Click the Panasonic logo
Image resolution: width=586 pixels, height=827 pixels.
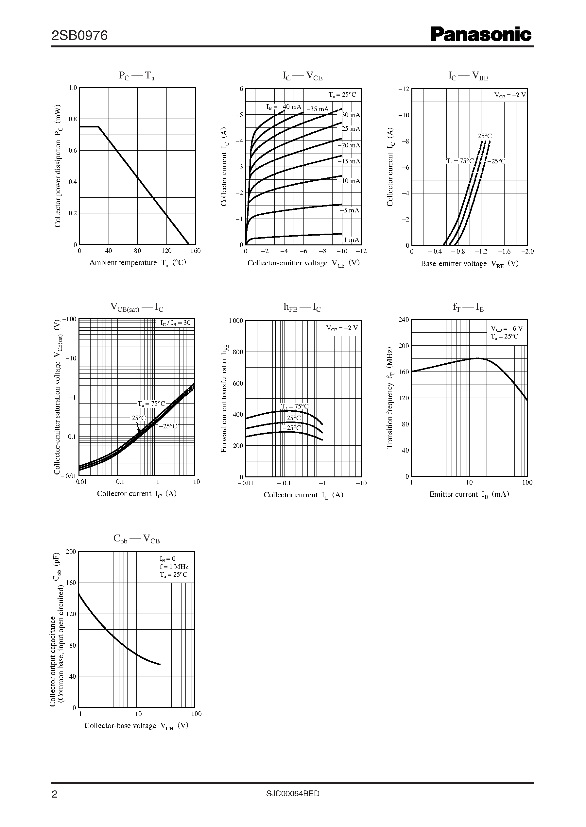[481, 35]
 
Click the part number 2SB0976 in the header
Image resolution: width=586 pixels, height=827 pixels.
[80, 36]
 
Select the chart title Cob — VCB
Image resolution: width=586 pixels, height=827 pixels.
[136, 539]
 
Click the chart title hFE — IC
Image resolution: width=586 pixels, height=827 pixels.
[302, 307]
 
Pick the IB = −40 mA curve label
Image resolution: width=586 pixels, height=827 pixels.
[284, 107]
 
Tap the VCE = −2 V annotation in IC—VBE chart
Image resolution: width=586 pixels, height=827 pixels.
[510, 95]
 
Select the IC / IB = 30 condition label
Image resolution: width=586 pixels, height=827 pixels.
[175, 323]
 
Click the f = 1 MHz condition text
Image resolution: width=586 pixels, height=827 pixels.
[174, 567]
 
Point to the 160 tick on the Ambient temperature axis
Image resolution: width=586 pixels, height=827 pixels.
[195, 251]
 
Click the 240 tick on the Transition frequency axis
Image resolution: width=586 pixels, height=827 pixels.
[404, 320]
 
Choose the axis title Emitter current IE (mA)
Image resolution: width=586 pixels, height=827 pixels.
[469, 495]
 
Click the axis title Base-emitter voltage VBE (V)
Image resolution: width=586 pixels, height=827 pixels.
[470, 264]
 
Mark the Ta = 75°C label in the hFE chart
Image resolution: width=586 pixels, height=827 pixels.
[295, 406]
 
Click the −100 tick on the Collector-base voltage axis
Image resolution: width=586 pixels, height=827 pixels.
[194, 714]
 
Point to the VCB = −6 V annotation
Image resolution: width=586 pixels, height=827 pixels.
[506, 329]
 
